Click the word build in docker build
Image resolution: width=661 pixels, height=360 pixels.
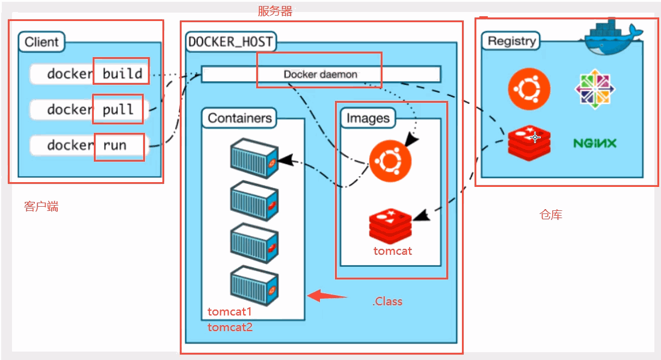coord(122,74)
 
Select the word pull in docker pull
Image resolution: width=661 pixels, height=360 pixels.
coord(118,109)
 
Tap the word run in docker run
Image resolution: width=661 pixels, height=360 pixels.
coord(115,145)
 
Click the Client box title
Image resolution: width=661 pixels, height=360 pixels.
coord(42,42)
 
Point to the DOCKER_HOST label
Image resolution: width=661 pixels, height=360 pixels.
coord(230,42)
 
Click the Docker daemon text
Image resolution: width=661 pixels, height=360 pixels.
coord(321,75)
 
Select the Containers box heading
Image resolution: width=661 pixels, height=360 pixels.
coord(239,118)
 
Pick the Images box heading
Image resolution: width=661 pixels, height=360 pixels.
coord(368,118)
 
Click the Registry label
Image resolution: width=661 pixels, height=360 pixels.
coord(511,41)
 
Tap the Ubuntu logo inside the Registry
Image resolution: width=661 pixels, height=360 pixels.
coord(529,89)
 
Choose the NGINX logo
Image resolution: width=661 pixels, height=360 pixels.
coord(594,143)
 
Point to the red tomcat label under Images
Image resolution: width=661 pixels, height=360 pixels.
coord(393,251)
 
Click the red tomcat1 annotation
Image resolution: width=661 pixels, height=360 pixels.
coord(229,312)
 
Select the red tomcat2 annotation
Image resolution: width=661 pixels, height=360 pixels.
coord(230,328)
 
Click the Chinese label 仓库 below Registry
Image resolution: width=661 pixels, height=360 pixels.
coord(550,215)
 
